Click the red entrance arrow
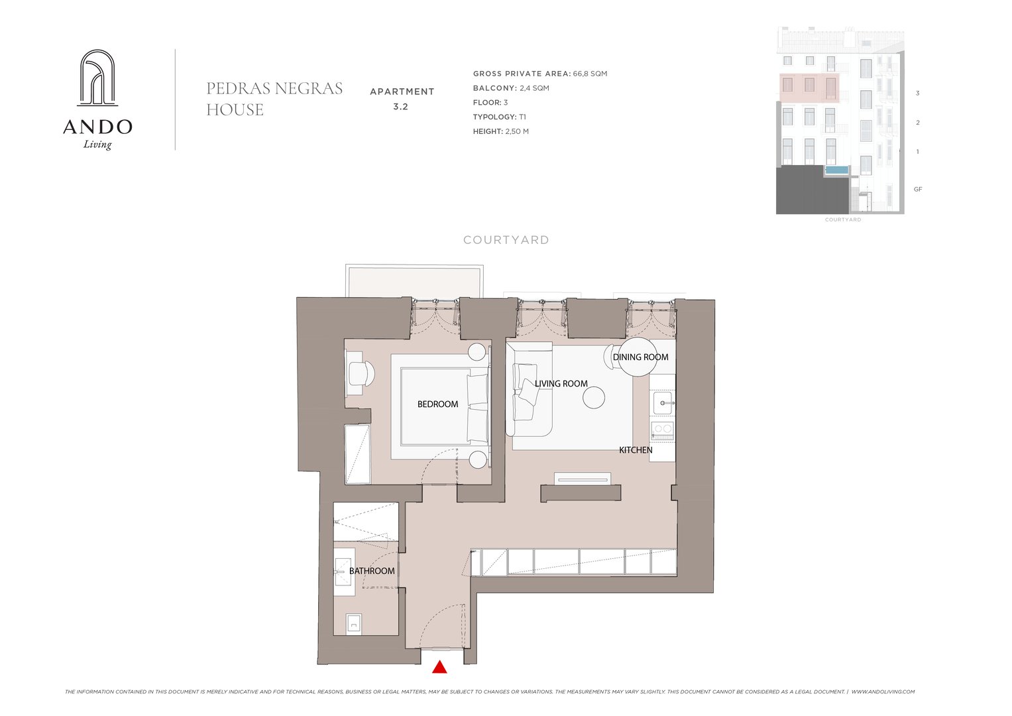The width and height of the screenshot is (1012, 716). pyautogui.click(x=439, y=667)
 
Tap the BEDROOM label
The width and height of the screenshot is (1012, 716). pyautogui.click(x=437, y=404)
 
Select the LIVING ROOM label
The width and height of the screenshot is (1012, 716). pyautogui.click(x=561, y=384)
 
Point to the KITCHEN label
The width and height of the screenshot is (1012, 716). pyautogui.click(x=636, y=449)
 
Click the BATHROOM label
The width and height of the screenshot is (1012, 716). pyautogui.click(x=372, y=571)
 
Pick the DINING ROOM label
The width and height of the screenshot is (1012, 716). pyautogui.click(x=640, y=357)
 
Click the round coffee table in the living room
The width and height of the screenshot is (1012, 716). pyautogui.click(x=594, y=398)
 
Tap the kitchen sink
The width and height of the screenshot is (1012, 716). pyautogui.click(x=663, y=402)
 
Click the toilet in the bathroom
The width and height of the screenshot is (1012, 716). pyautogui.click(x=354, y=625)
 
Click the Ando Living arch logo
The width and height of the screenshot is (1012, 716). pyautogui.click(x=97, y=78)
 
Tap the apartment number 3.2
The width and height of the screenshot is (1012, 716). pyautogui.click(x=401, y=107)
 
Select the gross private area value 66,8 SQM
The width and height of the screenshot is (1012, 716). pyautogui.click(x=590, y=74)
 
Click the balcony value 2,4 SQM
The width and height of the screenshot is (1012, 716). pyautogui.click(x=534, y=88)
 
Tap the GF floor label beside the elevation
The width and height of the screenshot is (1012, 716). pyautogui.click(x=918, y=190)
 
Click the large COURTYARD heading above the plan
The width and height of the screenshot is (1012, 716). pyautogui.click(x=506, y=240)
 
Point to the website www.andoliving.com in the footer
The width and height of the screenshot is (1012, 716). pyautogui.click(x=883, y=691)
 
